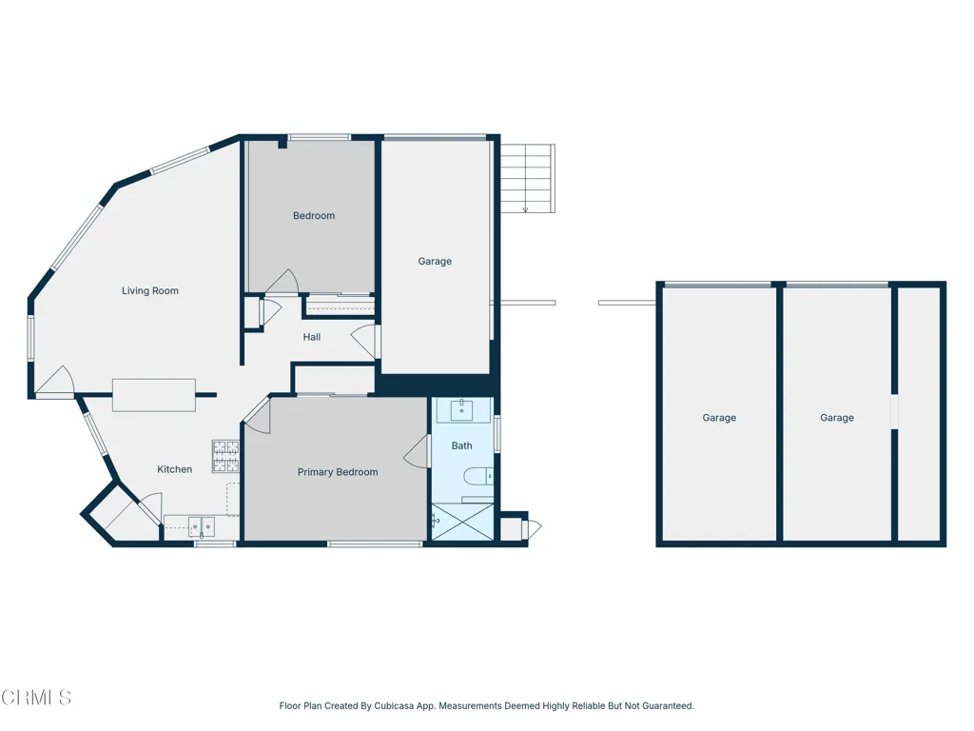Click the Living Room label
point(150,291)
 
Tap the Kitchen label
point(175,469)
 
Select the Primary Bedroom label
point(338,472)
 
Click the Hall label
point(312,337)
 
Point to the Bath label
point(461,445)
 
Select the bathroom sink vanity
point(462,411)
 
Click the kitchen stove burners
point(225,456)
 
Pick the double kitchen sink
point(201,525)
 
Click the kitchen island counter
point(154,395)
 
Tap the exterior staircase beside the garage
point(527,179)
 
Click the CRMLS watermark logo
point(36,698)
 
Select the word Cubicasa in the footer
point(399,706)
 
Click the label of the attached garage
point(435,262)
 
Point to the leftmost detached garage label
point(719,418)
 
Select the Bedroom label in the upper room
point(314,216)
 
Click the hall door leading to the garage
point(366,340)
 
